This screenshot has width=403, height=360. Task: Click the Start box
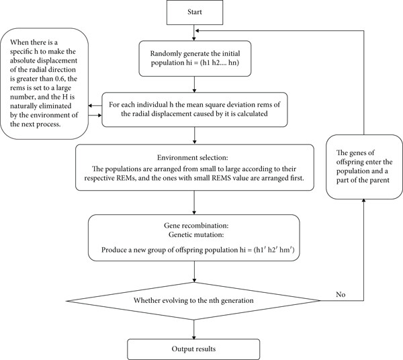coord(195,12)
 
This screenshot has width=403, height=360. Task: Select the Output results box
coord(193,349)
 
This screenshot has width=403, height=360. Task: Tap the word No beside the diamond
coord(341,294)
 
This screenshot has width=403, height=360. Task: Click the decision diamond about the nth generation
coord(193,301)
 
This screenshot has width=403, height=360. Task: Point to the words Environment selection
coord(193,158)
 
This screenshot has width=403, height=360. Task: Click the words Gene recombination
coord(196,226)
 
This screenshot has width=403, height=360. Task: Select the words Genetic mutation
coord(196,234)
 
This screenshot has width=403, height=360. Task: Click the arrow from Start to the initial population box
coord(194,33)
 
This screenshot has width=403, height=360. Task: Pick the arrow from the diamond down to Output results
coord(194,330)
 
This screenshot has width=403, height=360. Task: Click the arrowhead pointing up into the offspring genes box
coord(363,201)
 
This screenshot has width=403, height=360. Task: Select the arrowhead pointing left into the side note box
coord(91,105)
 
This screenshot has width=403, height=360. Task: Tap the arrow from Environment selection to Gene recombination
coord(194,202)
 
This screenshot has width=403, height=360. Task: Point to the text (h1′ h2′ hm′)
coord(274,250)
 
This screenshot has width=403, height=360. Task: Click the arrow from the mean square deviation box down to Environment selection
coord(194,136)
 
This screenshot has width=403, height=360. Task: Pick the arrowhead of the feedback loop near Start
coord(197,31)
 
